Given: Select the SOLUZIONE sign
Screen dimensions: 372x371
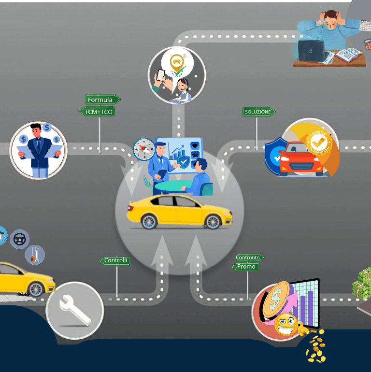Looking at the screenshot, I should point(258,112).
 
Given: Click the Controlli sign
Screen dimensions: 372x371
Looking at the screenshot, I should point(115,260).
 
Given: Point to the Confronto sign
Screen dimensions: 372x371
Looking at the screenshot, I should point(248,258).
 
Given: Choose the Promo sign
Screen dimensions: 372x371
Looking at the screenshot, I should point(246,267).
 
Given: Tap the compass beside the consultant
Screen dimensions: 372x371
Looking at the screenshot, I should point(143,149).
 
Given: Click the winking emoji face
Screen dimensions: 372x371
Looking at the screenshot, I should point(286,324).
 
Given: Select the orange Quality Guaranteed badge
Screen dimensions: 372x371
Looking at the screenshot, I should point(318,142).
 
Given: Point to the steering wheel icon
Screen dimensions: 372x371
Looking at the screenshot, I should point(19,239).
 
